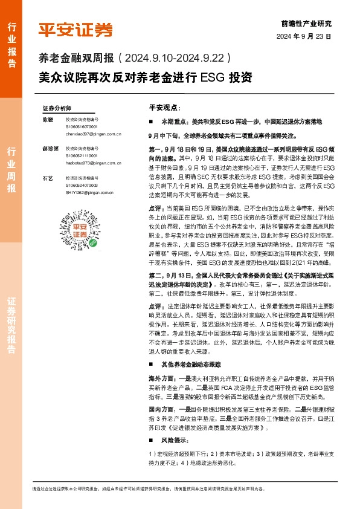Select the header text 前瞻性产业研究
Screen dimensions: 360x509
[306, 24]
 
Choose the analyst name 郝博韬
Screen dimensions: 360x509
[50, 148]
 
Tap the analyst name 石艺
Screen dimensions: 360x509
[48, 178]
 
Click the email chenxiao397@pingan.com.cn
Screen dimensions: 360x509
[93, 135]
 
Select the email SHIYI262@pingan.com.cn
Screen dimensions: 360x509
[90, 192]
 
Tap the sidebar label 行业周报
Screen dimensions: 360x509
[11, 169]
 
